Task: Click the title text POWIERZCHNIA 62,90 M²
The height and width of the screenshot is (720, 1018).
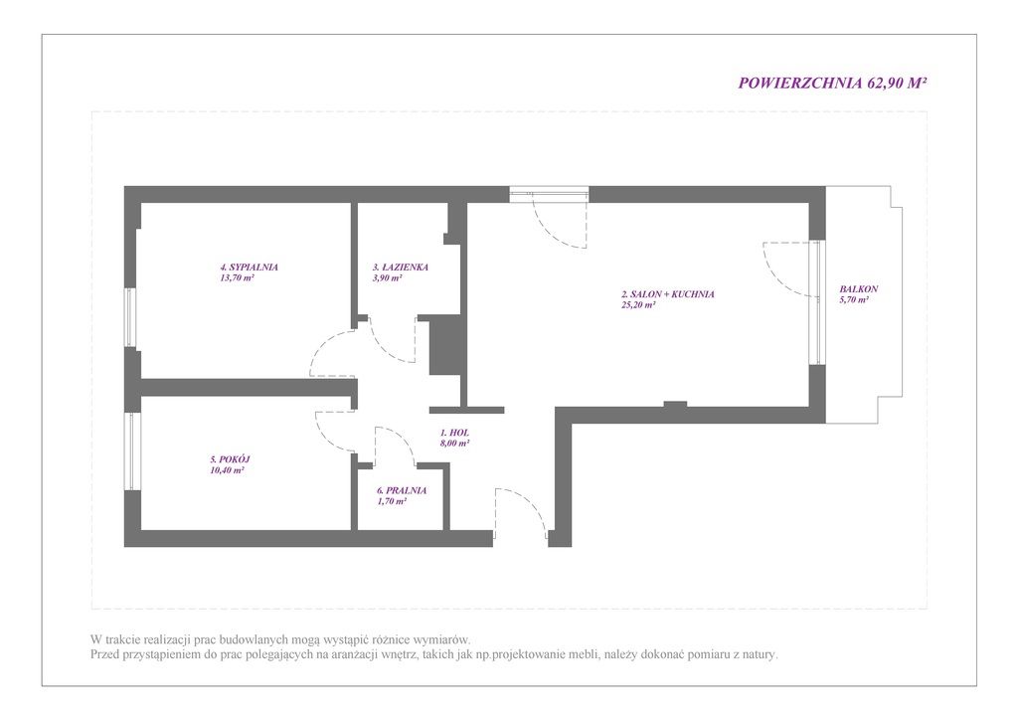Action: coord(832,84)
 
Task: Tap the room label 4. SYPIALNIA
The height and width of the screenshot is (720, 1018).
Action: coord(250,267)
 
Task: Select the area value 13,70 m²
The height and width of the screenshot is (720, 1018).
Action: coord(237,277)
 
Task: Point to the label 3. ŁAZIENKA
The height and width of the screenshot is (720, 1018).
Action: coord(400,267)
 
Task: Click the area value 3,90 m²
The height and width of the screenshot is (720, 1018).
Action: coord(387,277)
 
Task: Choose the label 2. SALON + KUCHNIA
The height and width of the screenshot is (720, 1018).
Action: coord(667,294)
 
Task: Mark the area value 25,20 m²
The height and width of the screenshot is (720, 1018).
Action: coord(638,305)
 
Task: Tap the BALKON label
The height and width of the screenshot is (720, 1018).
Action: coord(858,289)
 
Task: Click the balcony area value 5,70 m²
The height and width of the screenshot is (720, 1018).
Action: coord(854,300)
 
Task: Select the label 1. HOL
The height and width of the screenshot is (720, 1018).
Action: coord(454,433)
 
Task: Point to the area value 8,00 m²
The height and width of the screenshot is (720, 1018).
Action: coord(454,444)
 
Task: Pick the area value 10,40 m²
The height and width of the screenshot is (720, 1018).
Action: coord(227,470)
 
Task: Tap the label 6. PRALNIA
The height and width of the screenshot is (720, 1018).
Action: coord(402,491)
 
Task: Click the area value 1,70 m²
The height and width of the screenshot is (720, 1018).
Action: coord(392,502)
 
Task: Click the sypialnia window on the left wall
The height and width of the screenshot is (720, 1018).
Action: coord(131,317)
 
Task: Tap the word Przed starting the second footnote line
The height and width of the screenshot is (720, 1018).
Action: coord(106,654)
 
